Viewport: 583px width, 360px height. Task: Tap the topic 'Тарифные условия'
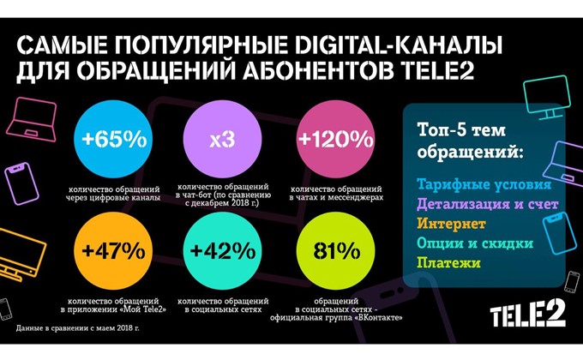click(478, 184)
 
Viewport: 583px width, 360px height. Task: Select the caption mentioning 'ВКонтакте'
click(334, 306)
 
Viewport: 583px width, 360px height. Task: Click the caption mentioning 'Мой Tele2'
click(118, 306)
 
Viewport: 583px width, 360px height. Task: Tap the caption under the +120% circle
click(335, 192)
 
